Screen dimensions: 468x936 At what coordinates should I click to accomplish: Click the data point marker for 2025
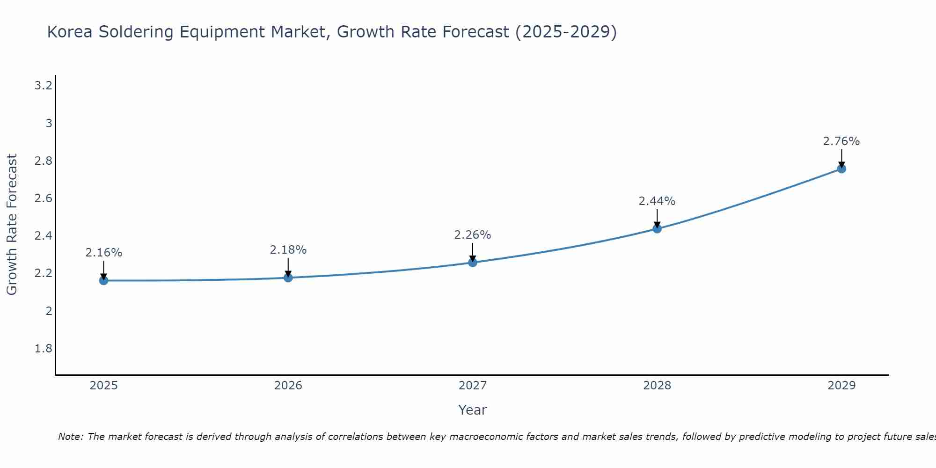pyautogui.click(x=104, y=281)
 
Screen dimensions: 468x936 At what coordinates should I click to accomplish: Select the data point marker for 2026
pyautogui.click(x=288, y=278)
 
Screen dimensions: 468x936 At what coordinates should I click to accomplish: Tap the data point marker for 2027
pyautogui.click(x=473, y=263)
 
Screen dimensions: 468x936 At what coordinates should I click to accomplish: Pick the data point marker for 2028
pyautogui.click(x=657, y=229)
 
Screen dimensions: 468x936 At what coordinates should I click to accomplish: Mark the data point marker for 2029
pyautogui.click(x=841, y=169)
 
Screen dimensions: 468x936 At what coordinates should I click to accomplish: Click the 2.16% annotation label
pyautogui.click(x=104, y=253)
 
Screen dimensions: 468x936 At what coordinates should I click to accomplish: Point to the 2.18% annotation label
pyautogui.click(x=288, y=250)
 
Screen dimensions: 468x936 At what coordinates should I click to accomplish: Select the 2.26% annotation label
pyautogui.click(x=473, y=235)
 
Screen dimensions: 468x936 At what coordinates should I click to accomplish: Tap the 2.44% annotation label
pyautogui.click(x=657, y=201)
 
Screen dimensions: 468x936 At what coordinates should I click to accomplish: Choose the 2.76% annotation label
pyautogui.click(x=841, y=141)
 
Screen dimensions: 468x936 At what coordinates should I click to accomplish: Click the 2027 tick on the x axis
pyautogui.click(x=473, y=386)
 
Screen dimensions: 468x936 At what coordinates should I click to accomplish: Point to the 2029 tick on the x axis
pyautogui.click(x=841, y=386)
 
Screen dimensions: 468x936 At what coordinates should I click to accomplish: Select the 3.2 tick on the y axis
pyautogui.click(x=44, y=86)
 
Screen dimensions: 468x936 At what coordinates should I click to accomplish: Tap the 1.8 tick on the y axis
pyautogui.click(x=44, y=349)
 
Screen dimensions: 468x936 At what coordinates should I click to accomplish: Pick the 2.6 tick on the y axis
pyautogui.click(x=44, y=198)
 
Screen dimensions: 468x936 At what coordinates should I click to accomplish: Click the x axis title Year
pyautogui.click(x=473, y=410)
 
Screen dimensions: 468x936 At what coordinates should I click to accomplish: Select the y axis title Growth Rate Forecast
pyautogui.click(x=12, y=225)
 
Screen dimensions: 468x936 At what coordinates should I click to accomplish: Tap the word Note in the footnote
pyautogui.click(x=70, y=437)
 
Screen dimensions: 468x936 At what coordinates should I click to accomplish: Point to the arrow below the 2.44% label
pyautogui.click(x=657, y=218)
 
